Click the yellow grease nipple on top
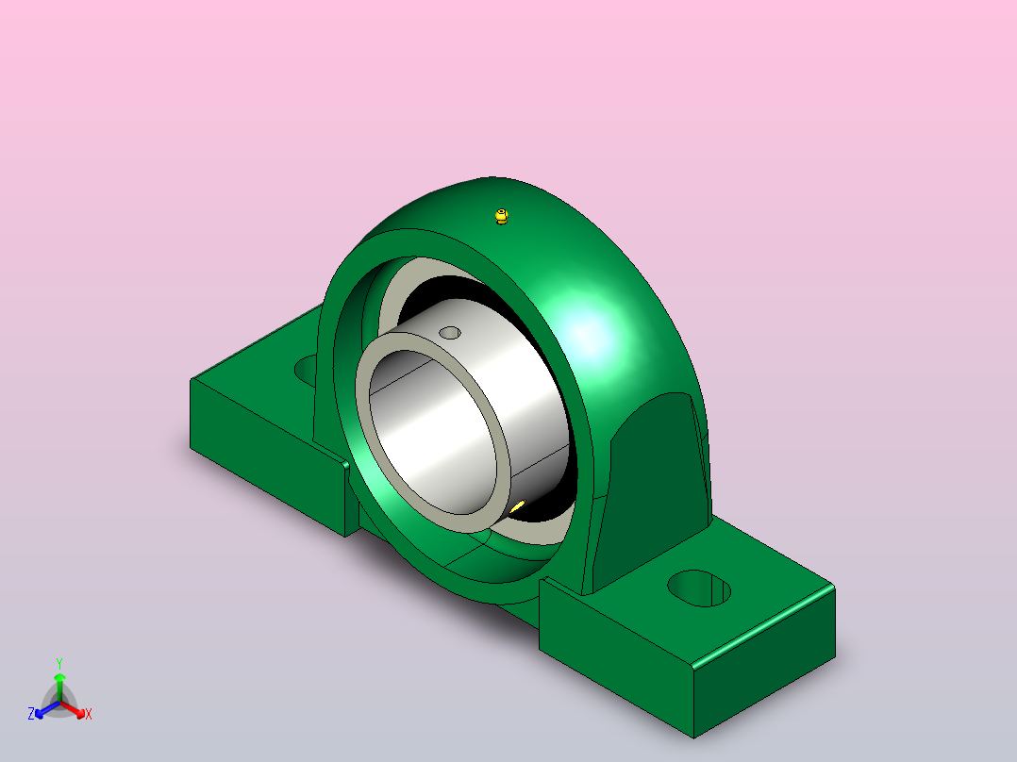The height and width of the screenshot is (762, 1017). pyautogui.click(x=501, y=216)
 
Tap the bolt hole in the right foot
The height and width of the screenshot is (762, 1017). pyautogui.click(x=699, y=588)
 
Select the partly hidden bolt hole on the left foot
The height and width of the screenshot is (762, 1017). pyautogui.click(x=306, y=369)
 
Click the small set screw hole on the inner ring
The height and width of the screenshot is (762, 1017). pyautogui.click(x=449, y=333)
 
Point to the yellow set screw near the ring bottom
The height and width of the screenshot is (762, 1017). pyautogui.click(x=518, y=506)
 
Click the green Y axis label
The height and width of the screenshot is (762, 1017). pyautogui.click(x=59, y=664)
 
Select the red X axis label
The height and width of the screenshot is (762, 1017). pyautogui.click(x=89, y=714)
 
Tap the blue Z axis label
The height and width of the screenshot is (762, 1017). pyautogui.click(x=31, y=714)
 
